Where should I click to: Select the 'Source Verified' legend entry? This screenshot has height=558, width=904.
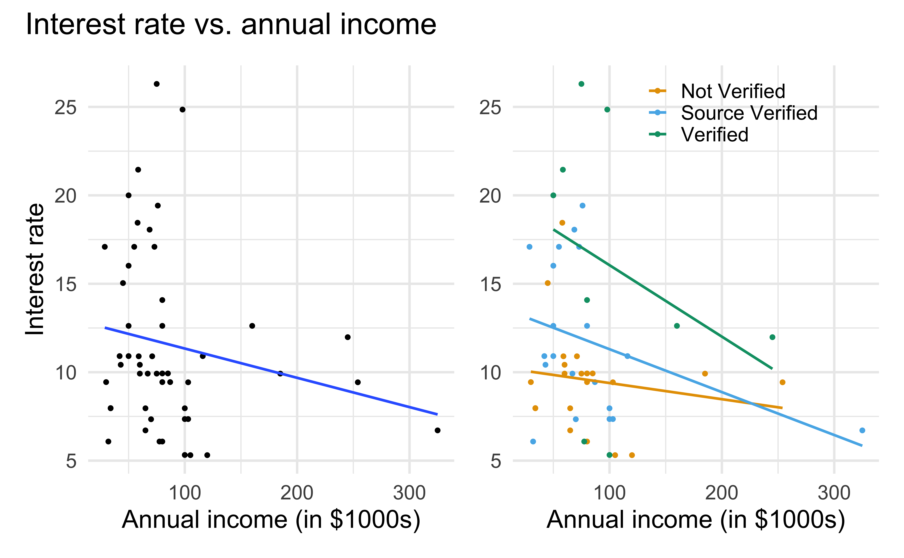click(x=749, y=113)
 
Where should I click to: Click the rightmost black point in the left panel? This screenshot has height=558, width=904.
click(x=437, y=430)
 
